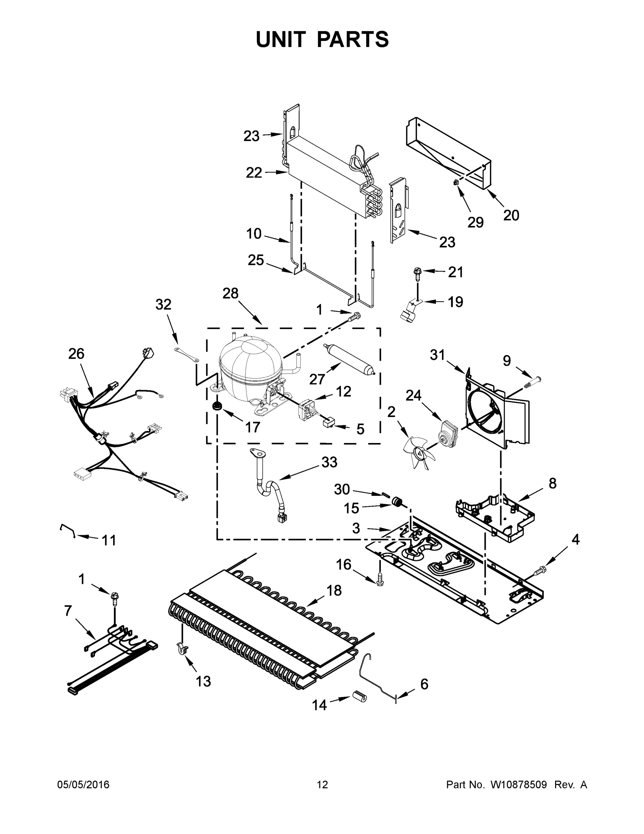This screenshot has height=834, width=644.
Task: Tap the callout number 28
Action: tap(231, 293)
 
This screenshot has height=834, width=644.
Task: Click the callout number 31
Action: tap(437, 355)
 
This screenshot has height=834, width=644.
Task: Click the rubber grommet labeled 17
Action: tap(218, 407)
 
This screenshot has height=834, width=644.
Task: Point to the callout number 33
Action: tap(329, 462)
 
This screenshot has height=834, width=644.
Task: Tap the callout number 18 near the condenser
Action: tap(334, 590)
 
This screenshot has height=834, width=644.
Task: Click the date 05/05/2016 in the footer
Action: tap(83, 784)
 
